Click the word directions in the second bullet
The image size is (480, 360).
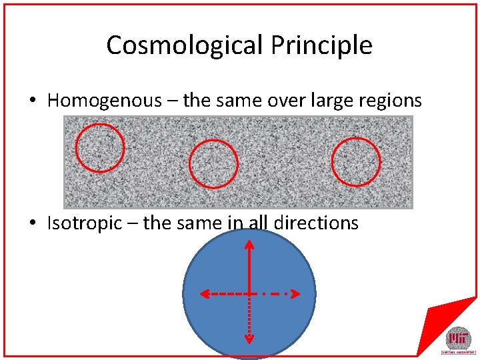point(317,223)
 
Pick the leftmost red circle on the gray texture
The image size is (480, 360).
point(100,147)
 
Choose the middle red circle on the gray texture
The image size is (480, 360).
point(213,164)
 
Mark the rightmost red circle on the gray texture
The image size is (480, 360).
point(356,161)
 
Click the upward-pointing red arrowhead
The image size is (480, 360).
point(249,245)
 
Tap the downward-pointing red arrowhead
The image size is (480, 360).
point(249,339)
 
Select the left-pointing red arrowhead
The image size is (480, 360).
point(205,293)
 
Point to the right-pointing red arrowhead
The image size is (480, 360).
point(293,293)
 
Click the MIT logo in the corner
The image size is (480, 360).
point(458,339)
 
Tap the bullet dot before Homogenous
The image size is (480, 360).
point(32,101)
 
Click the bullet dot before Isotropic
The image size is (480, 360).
point(32,223)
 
